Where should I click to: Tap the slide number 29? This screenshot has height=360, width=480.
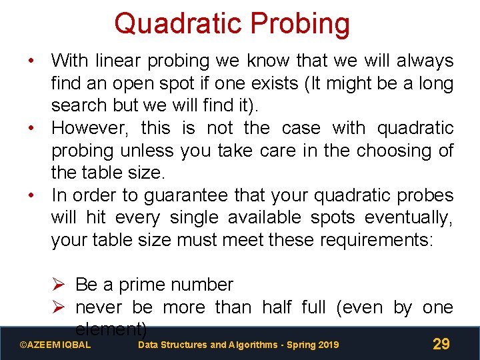[441, 344]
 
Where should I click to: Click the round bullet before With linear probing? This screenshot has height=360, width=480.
[31, 61]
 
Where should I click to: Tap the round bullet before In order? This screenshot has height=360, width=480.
[31, 195]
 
